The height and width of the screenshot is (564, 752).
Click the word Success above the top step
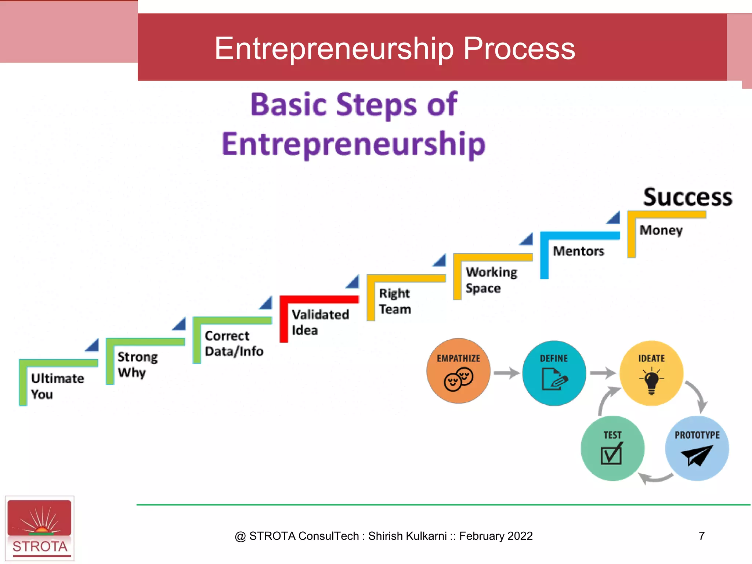click(687, 198)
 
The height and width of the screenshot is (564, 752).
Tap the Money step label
click(661, 230)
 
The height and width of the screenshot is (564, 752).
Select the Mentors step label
click(578, 251)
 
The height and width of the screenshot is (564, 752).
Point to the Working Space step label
click(491, 280)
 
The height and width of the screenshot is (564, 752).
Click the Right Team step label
click(395, 301)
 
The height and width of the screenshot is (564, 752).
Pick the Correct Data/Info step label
click(234, 343)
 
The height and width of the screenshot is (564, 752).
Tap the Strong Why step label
click(138, 365)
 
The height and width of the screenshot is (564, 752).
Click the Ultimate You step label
click(57, 386)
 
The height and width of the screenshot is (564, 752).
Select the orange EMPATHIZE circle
click(458, 371)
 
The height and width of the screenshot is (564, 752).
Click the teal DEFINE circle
click(554, 373)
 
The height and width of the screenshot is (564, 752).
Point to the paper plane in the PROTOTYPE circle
click(697, 455)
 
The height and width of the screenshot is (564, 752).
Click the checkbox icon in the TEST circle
click(612, 454)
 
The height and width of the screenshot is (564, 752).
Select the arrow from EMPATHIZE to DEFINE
click(506, 373)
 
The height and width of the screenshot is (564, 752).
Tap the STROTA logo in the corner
click(40, 528)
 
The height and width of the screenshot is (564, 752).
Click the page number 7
click(701, 536)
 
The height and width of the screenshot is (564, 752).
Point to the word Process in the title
click(519, 48)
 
